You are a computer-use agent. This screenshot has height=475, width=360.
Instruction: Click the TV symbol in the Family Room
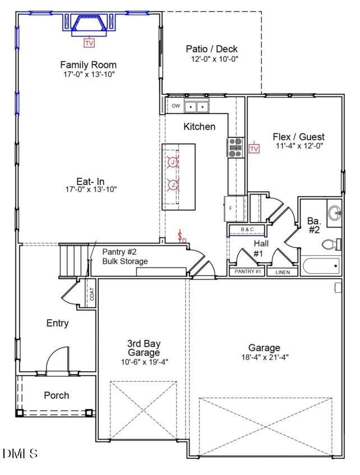[x=89, y=43]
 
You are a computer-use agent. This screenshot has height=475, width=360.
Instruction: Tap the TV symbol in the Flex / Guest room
[x=254, y=149]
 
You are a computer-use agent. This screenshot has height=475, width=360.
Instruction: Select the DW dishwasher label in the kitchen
[x=176, y=106]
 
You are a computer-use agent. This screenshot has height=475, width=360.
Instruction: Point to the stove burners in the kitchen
[x=235, y=146]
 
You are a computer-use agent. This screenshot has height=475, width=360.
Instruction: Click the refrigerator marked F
[x=234, y=208]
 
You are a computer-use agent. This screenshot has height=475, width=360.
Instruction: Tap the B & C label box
[x=247, y=230]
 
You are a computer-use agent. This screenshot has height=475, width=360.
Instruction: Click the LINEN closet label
[x=282, y=272]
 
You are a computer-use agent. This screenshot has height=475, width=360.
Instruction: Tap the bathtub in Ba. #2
[x=320, y=265]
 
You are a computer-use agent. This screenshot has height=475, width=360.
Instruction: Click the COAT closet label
[x=92, y=294]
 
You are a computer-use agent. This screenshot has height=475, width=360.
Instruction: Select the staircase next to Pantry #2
[x=73, y=259]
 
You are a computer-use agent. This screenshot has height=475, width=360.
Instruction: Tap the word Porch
[x=57, y=395]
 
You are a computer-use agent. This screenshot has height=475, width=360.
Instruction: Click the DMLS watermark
[x=20, y=453]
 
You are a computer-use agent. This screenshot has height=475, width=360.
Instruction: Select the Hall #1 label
[x=259, y=249]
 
